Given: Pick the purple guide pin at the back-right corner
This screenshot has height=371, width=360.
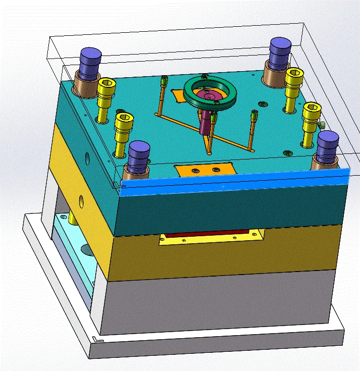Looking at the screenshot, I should (280, 50).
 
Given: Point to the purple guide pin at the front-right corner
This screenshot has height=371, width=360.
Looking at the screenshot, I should (328, 144).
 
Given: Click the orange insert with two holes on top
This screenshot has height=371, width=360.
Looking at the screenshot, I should (204, 170).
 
